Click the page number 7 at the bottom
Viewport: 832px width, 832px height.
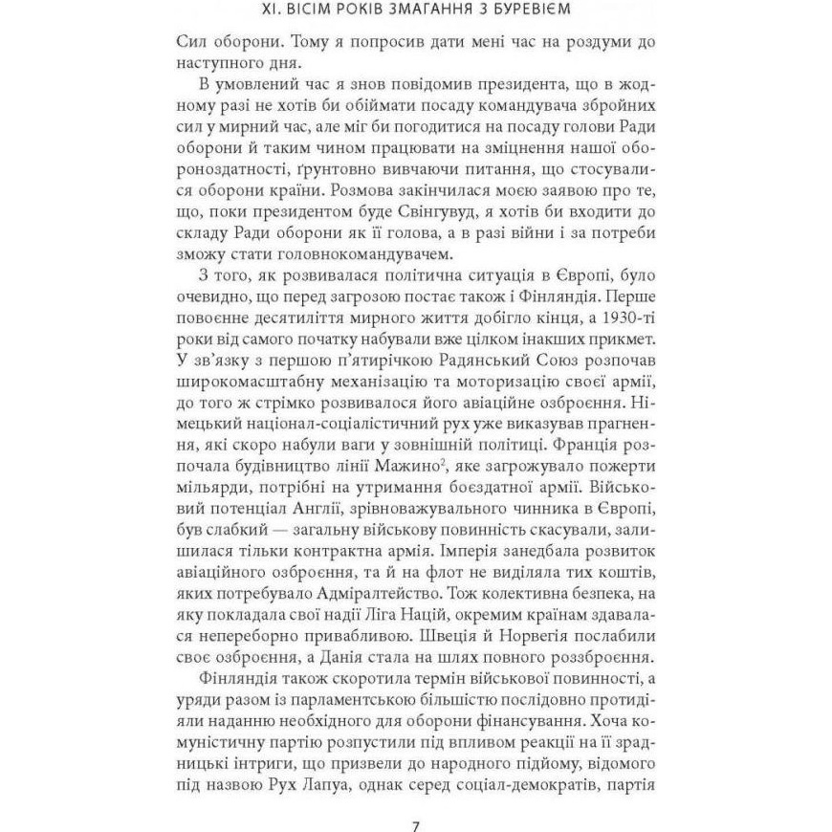point(415,801)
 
